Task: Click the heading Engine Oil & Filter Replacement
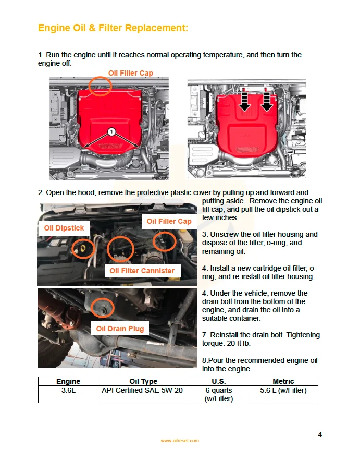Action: [113, 28]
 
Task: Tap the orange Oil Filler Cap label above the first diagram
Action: [130, 73]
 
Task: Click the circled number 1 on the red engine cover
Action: [111, 131]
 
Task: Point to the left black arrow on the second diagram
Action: [243, 103]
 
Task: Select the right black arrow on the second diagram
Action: [267, 103]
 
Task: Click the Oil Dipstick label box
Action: [64, 228]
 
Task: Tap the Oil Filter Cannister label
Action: [142, 271]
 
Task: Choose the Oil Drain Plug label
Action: [120, 329]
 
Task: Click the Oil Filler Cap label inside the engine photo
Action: [169, 221]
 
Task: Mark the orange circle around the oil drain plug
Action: [103, 308]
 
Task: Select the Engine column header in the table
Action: [68, 381]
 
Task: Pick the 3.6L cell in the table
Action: [68, 390]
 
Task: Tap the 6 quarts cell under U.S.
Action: [218, 394]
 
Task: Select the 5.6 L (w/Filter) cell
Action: [283, 390]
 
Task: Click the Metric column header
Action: [283, 381]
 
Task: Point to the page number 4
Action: [320, 434]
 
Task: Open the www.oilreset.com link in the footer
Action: [180, 441]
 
